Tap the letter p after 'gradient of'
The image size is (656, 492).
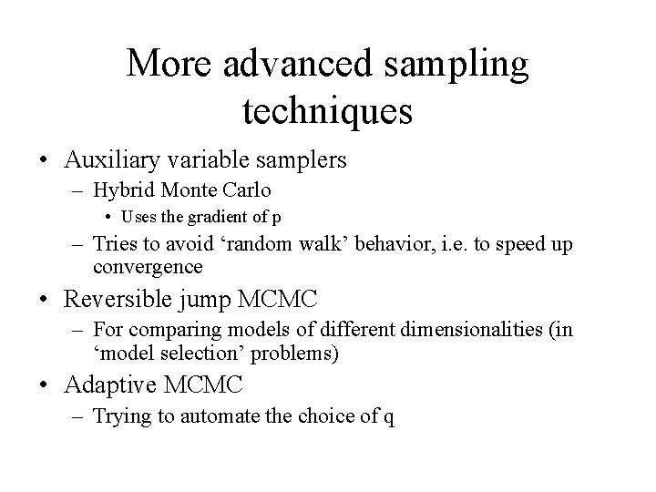(276, 221)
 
